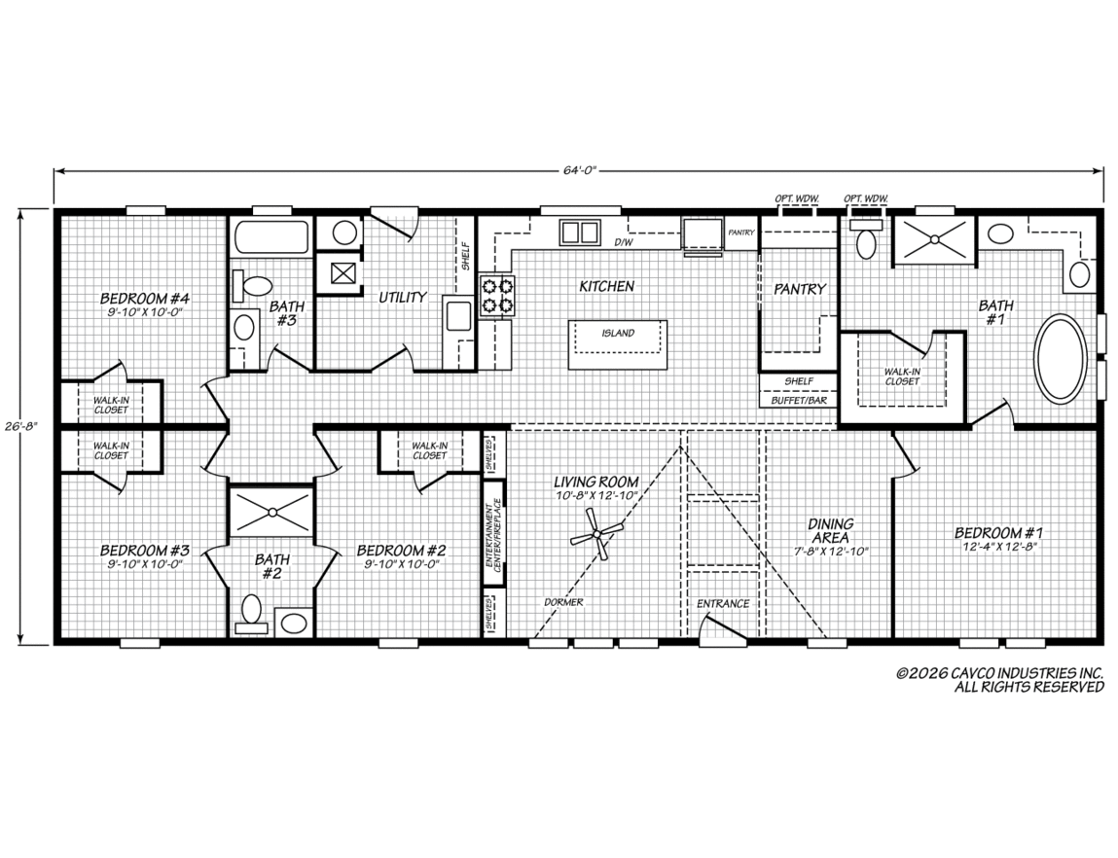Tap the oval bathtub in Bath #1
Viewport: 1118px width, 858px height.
[1061, 358]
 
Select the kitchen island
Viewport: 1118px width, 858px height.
[618, 344]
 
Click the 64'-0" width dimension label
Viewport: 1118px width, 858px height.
[578, 170]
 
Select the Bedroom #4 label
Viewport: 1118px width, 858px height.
[144, 298]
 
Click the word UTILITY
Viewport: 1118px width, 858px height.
[402, 297]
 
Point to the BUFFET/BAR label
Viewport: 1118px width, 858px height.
[799, 401]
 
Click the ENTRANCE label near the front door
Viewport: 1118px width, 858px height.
[723, 603]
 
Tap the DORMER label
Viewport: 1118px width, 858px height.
[563, 602]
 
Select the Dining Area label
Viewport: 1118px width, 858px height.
[831, 531]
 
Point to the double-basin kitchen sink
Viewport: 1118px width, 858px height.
[578, 232]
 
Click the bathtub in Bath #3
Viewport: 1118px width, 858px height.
[270, 238]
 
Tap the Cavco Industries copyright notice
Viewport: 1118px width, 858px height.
[1000, 680]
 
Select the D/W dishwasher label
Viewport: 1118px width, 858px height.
[623, 242]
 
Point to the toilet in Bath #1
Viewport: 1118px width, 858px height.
[866, 238]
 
